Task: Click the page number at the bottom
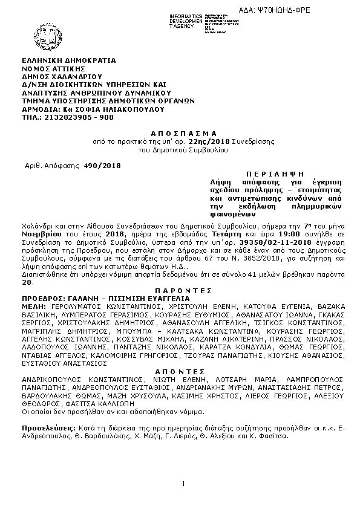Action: (x=182, y=482)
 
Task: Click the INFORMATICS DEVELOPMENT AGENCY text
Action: (x=186, y=19)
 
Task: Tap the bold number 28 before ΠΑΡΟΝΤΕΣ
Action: (x=26, y=282)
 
